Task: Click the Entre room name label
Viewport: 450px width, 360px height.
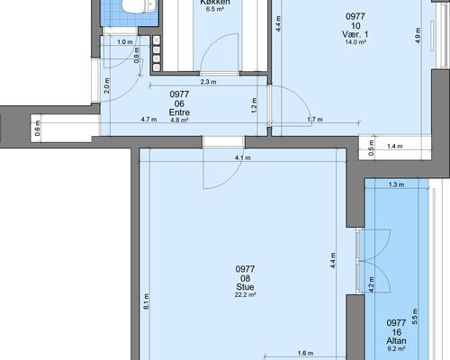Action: click(x=179, y=112)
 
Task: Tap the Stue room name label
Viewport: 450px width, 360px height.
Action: click(x=245, y=287)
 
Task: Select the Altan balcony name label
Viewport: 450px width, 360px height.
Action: click(x=396, y=341)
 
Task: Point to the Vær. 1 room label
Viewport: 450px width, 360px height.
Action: click(x=355, y=34)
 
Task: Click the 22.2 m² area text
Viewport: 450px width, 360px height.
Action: click(x=245, y=295)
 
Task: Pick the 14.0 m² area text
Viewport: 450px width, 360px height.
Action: click(x=355, y=42)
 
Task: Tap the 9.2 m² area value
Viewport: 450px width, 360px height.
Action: click(x=396, y=349)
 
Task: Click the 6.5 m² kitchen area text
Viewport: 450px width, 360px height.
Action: click(x=215, y=9)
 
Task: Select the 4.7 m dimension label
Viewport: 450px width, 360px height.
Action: click(x=148, y=120)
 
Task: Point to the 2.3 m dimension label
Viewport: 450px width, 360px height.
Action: click(x=209, y=82)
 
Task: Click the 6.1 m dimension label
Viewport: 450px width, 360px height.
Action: click(x=146, y=301)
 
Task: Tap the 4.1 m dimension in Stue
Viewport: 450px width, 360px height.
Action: click(x=243, y=157)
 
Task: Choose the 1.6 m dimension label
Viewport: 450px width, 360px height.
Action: click(x=305, y=353)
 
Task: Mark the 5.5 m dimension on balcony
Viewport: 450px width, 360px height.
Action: click(x=415, y=316)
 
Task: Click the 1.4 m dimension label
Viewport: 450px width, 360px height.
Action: click(x=395, y=147)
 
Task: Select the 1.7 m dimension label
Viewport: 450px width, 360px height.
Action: click(x=315, y=120)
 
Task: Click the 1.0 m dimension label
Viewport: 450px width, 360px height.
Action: click(x=125, y=42)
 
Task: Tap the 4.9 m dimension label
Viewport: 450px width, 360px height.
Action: click(x=418, y=35)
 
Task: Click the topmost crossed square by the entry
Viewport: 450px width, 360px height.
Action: click(x=157, y=40)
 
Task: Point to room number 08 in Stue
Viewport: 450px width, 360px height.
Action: click(x=245, y=278)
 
